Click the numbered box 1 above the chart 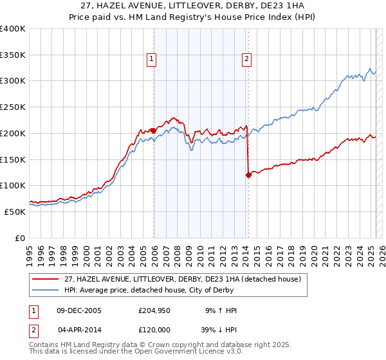point(151,59)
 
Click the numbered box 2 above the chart point(246,59)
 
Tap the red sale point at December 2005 point(153,130)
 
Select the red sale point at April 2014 point(248,175)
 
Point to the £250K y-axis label point(13,107)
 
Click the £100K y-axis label point(13,185)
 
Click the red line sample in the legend point(47,279)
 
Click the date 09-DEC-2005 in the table point(79,310)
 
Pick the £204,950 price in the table point(153,310)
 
